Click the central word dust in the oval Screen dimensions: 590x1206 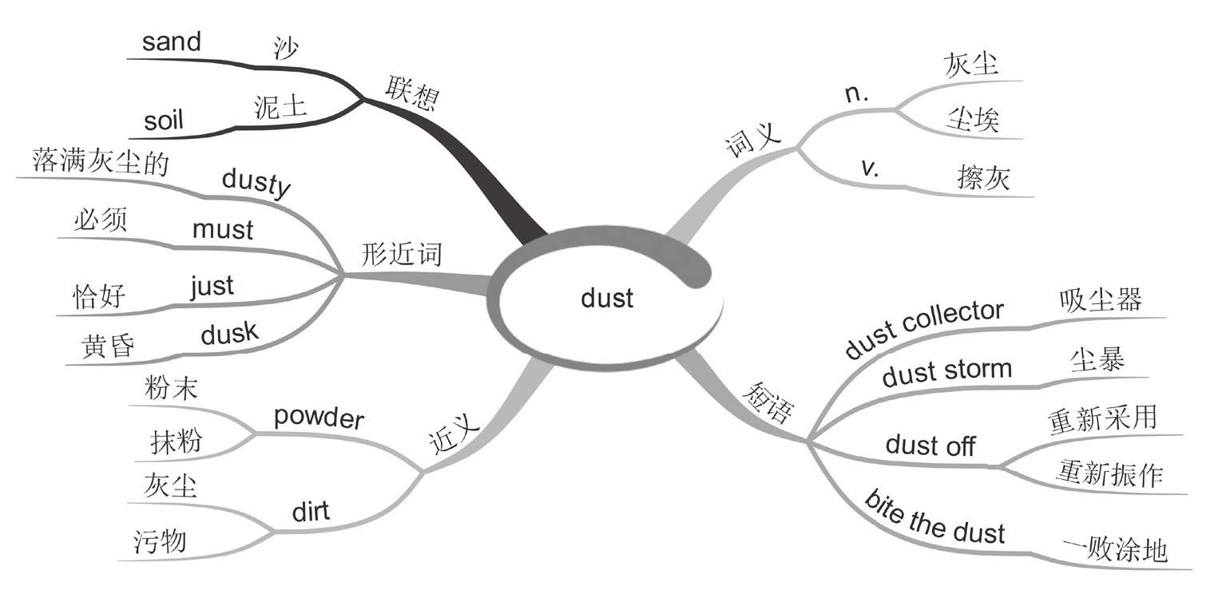607,299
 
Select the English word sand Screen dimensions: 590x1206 171,42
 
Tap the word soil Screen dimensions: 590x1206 164,121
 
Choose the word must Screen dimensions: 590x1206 223,230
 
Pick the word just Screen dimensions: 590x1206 212,286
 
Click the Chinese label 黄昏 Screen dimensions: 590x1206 107,347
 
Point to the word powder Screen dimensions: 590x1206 317,417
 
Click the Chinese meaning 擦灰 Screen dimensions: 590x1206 983,178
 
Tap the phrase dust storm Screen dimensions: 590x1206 946,373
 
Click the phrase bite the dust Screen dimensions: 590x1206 934,519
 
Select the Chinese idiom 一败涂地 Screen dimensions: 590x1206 1115,550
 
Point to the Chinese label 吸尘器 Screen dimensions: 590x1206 1100,300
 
